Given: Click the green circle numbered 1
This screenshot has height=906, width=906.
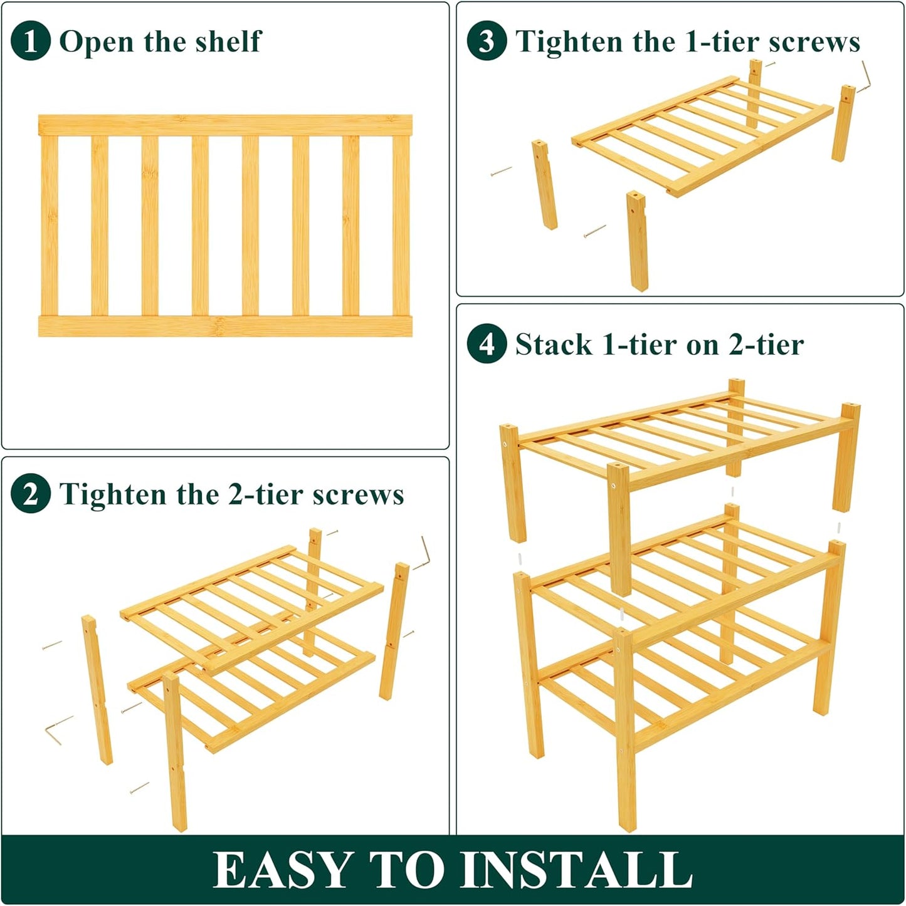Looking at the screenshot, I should point(30,41).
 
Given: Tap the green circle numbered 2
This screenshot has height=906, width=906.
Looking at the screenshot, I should point(30,494).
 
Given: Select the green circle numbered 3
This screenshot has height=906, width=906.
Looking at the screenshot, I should point(487,41).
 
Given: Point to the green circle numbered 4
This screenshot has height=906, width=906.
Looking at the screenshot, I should point(487,344).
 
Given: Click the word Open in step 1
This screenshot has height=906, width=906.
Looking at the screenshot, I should point(97,43).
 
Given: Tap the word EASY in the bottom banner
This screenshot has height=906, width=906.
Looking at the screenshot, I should point(282,870).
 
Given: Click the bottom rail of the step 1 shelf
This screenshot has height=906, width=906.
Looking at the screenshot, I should point(225,326).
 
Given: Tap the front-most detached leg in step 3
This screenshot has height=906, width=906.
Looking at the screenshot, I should point(637,241).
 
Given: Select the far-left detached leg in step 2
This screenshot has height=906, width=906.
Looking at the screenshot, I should point(97,689).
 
